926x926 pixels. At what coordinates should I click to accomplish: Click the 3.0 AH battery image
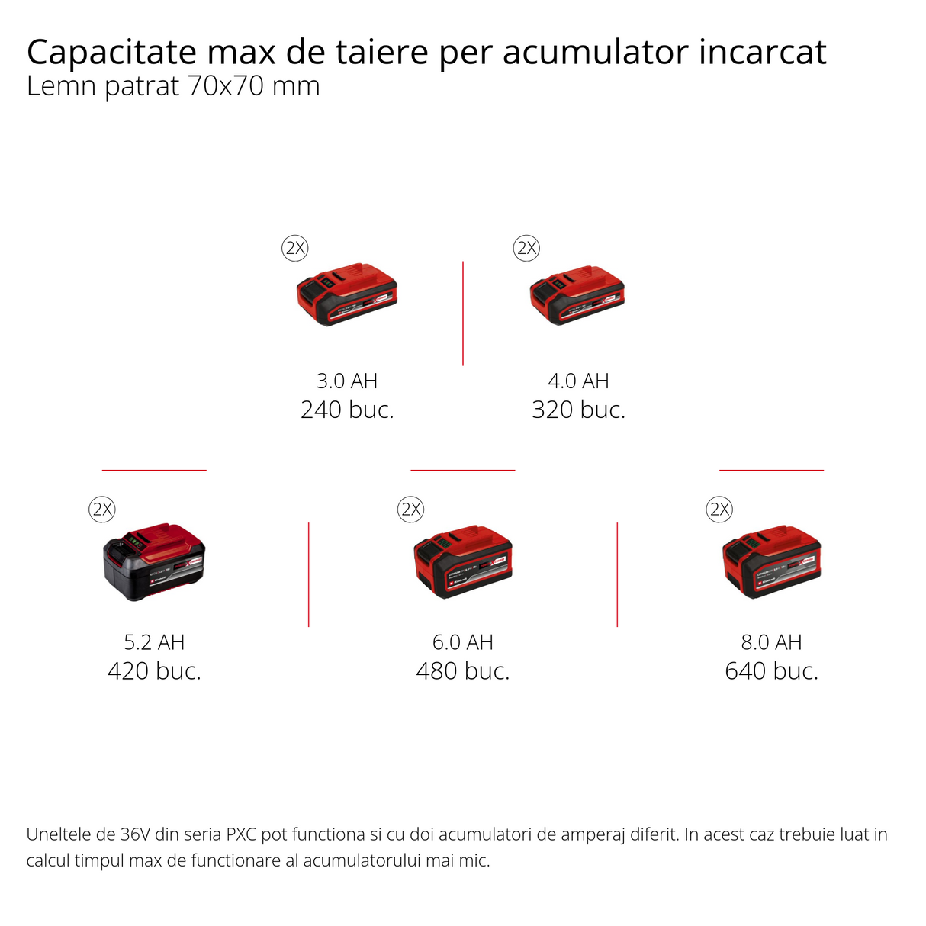[x=347, y=294]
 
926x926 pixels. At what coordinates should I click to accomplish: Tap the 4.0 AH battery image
[x=577, y=295]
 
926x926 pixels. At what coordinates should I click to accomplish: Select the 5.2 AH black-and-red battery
[x=154, y=561]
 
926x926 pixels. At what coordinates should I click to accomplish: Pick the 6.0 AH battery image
[x=463, y=561]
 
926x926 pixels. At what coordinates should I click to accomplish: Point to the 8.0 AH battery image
[x=771, y=561]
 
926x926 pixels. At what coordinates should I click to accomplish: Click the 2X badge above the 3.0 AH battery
[x=295, y=248]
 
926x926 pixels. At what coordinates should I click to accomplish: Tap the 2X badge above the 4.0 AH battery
[x=526, y=248]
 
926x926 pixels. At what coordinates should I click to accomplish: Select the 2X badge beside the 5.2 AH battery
[x=102, y=509]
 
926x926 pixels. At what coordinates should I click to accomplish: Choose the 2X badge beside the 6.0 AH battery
[x=411, y=509]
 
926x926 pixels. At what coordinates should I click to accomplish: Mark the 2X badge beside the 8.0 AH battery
[x=720, y=509]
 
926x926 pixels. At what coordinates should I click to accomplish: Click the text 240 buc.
[x=347, y=410]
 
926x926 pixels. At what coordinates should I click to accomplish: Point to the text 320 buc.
[x=578, y=410]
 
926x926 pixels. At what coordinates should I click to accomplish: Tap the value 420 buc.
[x=154, y=671]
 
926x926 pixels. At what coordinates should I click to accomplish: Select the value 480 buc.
[x=463, y=671]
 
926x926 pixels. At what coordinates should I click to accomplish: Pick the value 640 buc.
[x=771, y=671]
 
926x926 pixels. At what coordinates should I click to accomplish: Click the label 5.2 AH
[x=154, y=642]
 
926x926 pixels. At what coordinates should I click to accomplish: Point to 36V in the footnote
[x=136, y=834]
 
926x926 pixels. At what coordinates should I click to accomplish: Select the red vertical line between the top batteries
[x=463, y=313]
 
